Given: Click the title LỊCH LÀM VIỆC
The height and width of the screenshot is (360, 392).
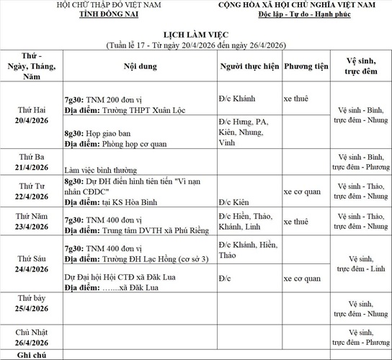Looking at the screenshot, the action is pos(196,34).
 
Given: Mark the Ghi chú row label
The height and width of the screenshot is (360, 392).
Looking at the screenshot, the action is pos(32,356).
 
